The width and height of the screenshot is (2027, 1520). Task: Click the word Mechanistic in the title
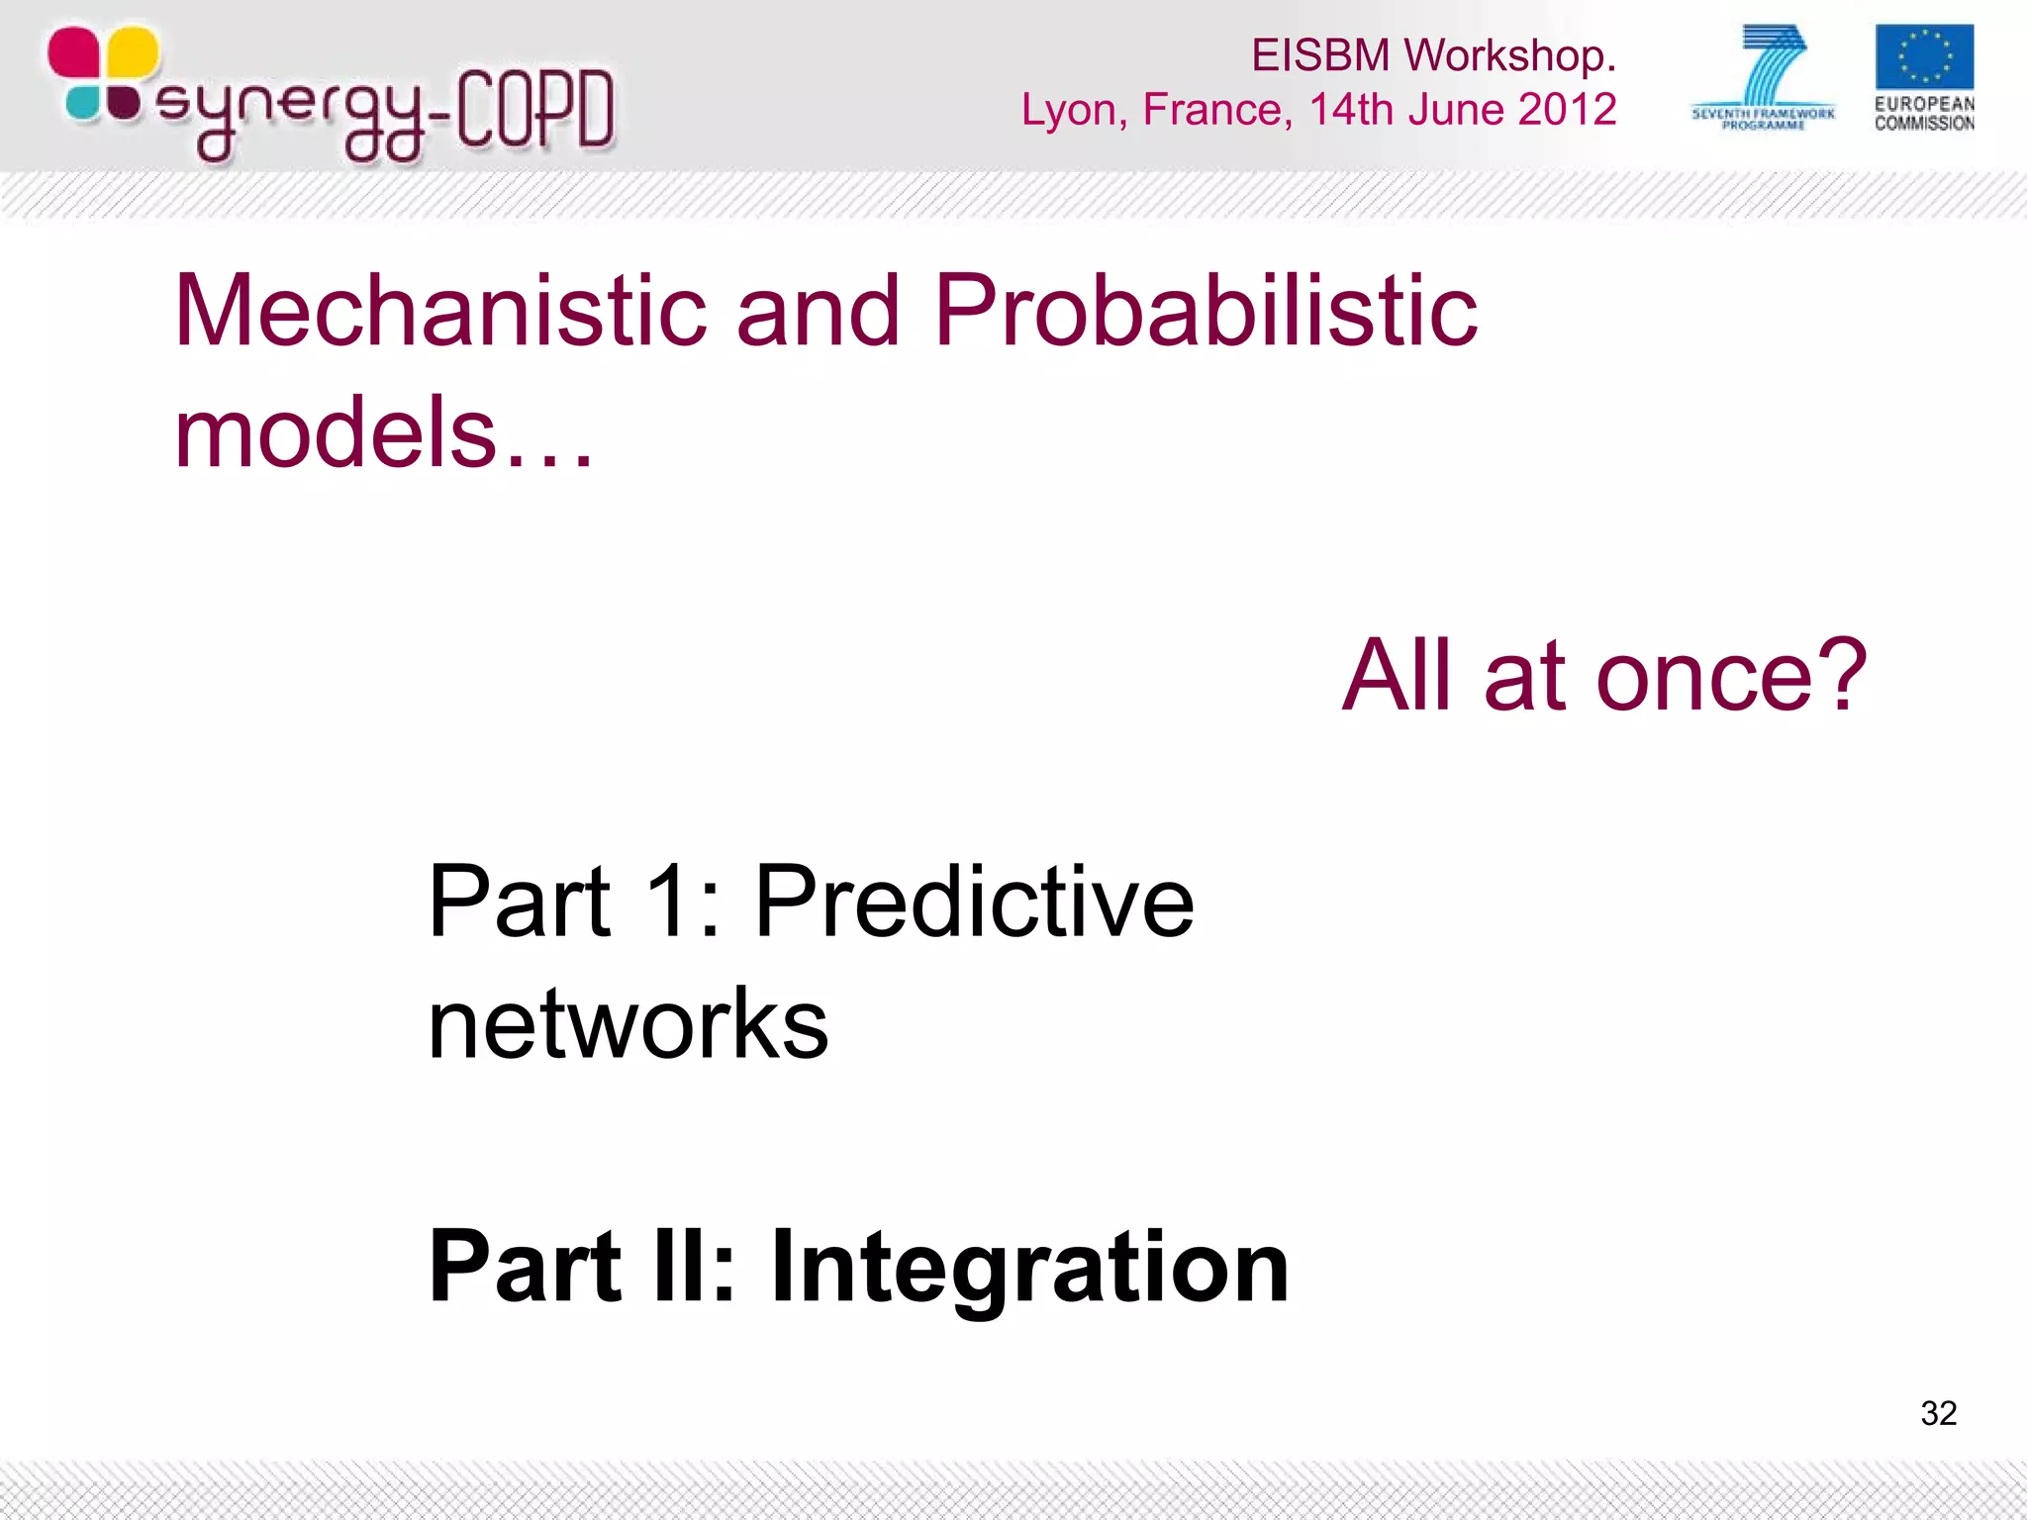coord(439,312)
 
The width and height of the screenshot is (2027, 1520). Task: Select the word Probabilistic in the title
coord(1205,312)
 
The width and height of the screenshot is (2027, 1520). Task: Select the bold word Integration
coord(1029,1267)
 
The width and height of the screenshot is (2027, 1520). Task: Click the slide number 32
coord(1938,1412)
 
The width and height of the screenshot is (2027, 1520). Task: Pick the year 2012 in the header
coord(1567,109)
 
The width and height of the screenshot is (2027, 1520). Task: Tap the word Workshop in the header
coord(1509,55)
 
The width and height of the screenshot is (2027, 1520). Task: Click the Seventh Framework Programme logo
coord(1764,77)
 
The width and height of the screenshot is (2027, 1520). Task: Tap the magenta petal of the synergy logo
coord(73,51)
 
